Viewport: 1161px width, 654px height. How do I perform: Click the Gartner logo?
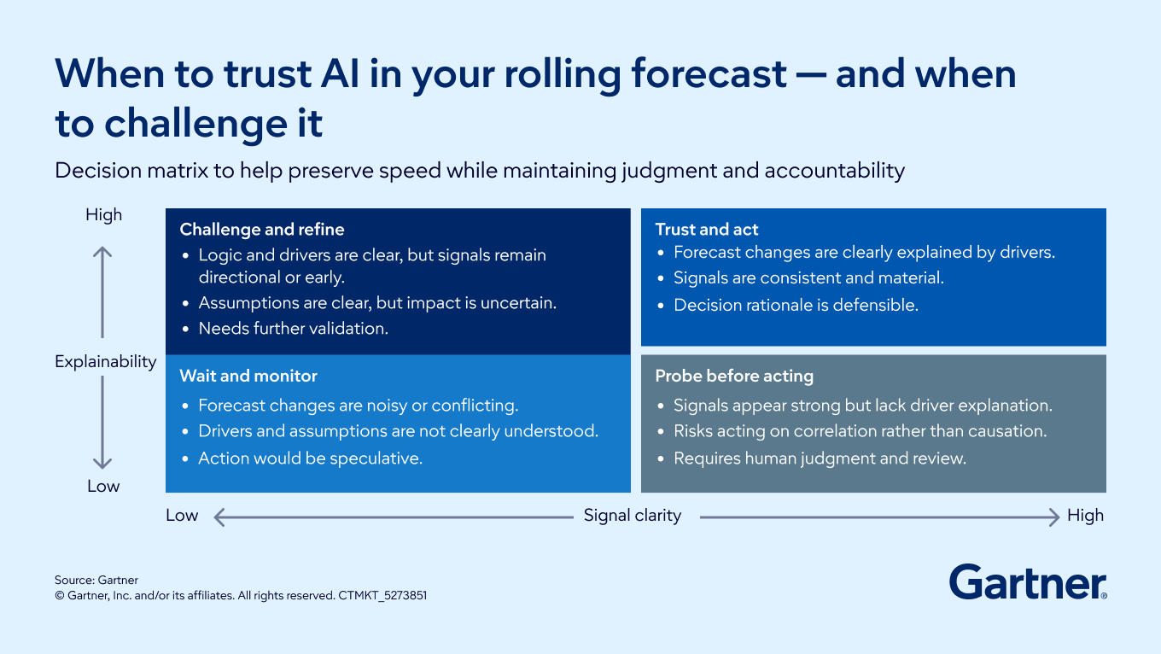click(x=1028, y=582)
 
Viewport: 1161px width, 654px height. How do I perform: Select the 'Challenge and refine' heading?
click(x=262, y=229)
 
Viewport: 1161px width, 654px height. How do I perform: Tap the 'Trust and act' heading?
click(x=707, y=229)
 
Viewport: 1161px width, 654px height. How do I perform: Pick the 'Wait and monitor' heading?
click(x=248, y=376)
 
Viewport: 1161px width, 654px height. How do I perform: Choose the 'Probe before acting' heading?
click(x=734, y=377)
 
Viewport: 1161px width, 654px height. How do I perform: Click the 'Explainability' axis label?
click(x=105, y=361)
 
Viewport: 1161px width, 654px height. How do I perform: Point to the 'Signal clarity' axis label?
click(x=633, y=515)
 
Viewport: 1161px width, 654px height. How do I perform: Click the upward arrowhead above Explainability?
click(x=102, y=252)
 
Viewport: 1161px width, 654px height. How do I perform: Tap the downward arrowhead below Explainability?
click(x=102, y=464)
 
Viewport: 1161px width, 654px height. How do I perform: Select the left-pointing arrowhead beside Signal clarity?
click(x=219, y=517)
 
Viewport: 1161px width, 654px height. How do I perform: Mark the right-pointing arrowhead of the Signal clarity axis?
click(x=1053, y=517)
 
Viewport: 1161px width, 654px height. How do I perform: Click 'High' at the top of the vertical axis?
click(x=103, y=214)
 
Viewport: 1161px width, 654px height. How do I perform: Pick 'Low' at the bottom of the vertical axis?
click(x=103, y=486)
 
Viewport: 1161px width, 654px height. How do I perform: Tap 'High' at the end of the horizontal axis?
click(x=1085, y=515)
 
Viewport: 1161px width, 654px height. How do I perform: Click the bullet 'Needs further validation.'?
click(x=294, y=329)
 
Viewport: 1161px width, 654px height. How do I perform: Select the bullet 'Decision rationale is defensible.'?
click(x=796, y=305)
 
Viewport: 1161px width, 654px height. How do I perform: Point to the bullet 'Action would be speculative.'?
click(x=311, y=458)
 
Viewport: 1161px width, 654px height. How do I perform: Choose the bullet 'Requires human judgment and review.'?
click(x=820, y=458)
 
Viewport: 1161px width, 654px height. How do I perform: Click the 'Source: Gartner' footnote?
click(x=96, y=580)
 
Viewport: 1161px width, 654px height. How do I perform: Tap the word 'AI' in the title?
click(x=340, y=73)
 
